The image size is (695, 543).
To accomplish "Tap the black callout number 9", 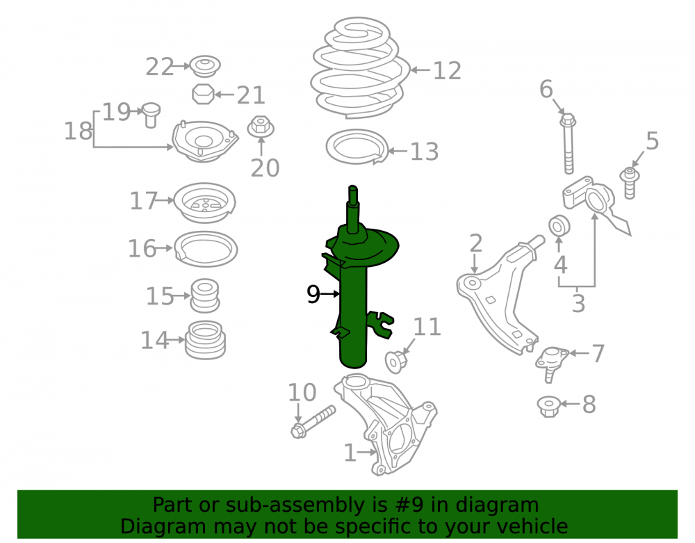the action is click(x=313, y=294).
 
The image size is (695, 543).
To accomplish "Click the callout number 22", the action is click(x=160, y=67).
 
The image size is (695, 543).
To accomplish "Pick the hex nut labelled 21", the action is click(x=203, y=94).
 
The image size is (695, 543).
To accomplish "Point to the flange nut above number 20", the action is click(x=261, y=127).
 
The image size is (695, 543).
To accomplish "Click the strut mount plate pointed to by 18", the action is click(x=204, y=141).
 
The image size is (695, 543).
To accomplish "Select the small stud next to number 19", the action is click(x=151, y=115).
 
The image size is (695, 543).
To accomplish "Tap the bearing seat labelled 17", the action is click(x=204, y=202).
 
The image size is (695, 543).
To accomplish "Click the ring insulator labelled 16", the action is click(x=206, y=249).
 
